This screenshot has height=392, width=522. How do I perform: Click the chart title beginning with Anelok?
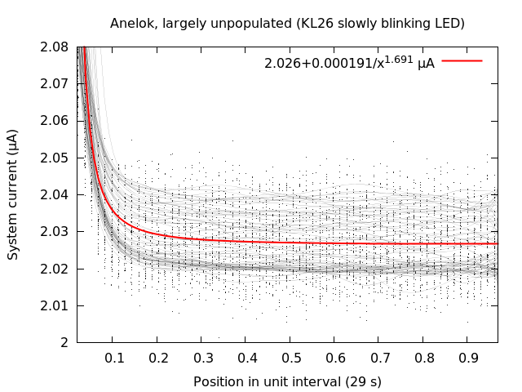point(287,24)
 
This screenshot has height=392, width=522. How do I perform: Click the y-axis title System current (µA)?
point(13,194)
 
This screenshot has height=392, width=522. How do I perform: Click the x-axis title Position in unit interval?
point(287,381)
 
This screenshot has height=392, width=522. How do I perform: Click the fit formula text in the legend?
point(349,62)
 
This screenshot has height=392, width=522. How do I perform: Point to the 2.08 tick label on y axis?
point(54,47)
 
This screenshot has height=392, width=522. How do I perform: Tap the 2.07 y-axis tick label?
point(54,84)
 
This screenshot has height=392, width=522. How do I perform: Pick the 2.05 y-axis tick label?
point(54,158)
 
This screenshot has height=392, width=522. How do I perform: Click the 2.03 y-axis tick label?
point(54,232)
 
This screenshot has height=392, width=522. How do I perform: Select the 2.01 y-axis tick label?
point(54,305)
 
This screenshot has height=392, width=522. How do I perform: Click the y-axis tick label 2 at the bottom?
point(64,342)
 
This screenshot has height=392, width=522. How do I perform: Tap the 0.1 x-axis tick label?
point(114,358)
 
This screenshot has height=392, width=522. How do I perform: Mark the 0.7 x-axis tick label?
point(379,358)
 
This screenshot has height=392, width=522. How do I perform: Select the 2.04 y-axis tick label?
point(54,194)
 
